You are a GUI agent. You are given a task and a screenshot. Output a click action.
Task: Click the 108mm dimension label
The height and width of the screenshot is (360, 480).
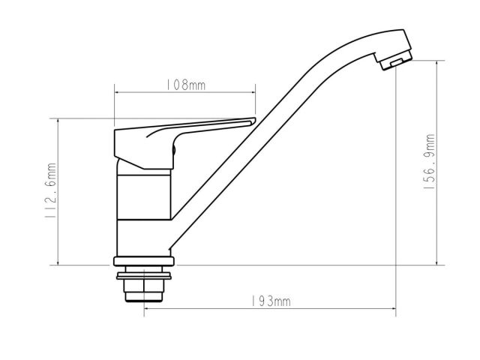(x=185, y=85)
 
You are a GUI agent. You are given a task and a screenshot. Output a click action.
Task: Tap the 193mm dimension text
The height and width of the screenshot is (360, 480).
(x=271, y=301)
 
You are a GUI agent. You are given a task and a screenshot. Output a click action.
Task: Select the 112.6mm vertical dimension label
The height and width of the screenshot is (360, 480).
(x=50, y=190)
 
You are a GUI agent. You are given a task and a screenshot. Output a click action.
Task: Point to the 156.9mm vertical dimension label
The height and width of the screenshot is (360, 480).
(x=429, y=161)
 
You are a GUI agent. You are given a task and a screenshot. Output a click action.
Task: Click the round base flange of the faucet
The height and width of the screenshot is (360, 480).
(x=144, y=261)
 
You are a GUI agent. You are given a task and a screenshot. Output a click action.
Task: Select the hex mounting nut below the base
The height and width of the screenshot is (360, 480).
(x=144, y=286)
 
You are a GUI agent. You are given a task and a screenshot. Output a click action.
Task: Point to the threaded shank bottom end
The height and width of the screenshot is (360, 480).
(x=144, y=297)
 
